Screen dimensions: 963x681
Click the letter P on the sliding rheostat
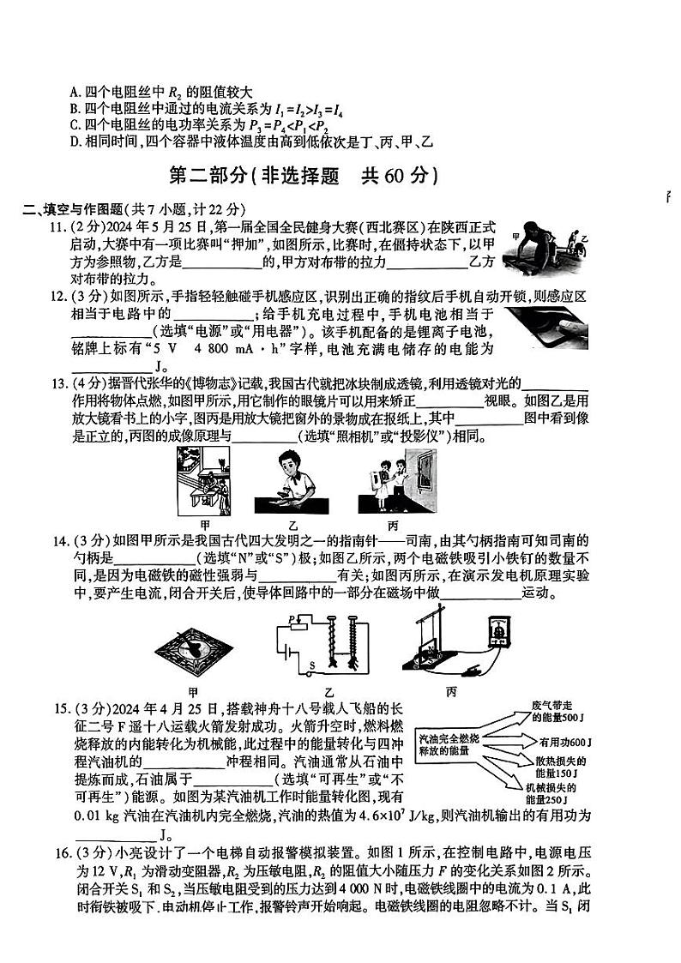pos(292,618)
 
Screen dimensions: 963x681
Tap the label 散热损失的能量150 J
pos(560,766)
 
